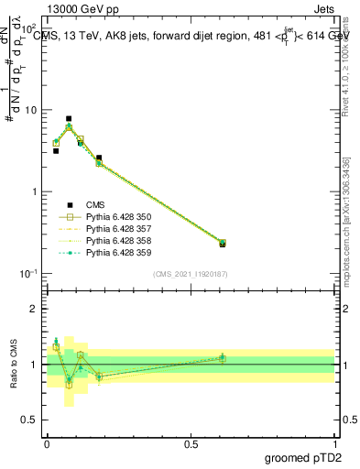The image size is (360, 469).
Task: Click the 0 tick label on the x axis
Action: tap(47, 442)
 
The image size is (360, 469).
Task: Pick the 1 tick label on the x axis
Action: tap(334, 442)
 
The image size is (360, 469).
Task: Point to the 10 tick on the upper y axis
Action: tap(32, 110)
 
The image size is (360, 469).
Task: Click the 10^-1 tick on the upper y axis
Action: tap(29, 273)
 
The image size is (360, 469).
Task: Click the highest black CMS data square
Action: tap(69, 118)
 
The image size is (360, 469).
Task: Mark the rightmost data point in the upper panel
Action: tap(223, 244)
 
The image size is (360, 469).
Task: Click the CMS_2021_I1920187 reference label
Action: tap(190, 274)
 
